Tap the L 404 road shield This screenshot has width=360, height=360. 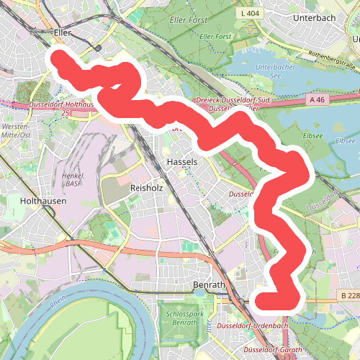251,13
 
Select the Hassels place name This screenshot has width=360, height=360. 181,162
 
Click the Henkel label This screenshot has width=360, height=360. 74,176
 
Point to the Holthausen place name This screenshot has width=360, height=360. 43,202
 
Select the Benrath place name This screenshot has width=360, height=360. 210,286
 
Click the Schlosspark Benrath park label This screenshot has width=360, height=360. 181,318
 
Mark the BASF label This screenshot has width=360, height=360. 74,184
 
